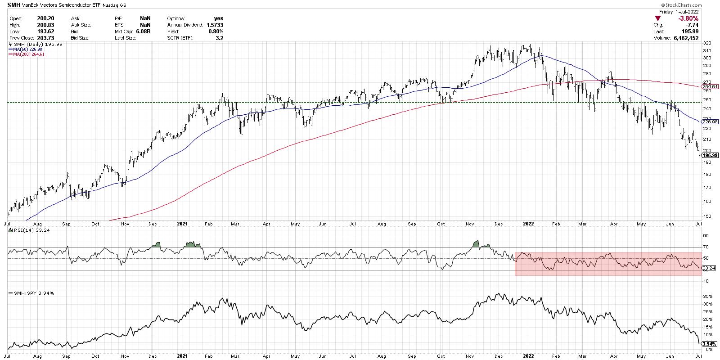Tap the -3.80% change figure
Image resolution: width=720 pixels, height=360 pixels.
(688, 18)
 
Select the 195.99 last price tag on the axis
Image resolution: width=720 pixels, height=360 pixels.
(709, 155)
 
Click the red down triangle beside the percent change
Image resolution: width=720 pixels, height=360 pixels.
(658, 18)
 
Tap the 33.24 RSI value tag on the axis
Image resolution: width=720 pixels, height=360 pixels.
(709, 268)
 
